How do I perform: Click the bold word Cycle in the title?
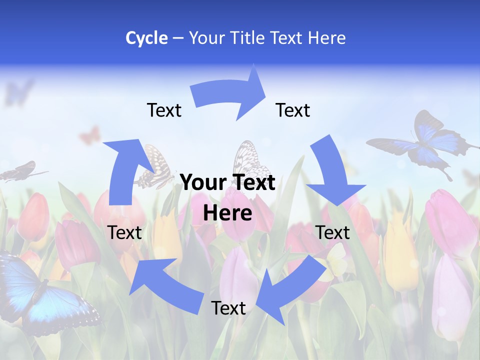point(146,38)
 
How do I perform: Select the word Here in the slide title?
point(326,38)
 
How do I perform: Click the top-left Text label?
point(164,110)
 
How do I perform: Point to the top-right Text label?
point(293,110)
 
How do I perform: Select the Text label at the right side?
point(333,232)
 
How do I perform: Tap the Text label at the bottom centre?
point(228,308)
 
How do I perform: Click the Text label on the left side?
point(124,232)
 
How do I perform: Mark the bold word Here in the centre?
point(227,213)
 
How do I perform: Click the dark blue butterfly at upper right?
point(425,142)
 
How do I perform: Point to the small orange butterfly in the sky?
point(90,135)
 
